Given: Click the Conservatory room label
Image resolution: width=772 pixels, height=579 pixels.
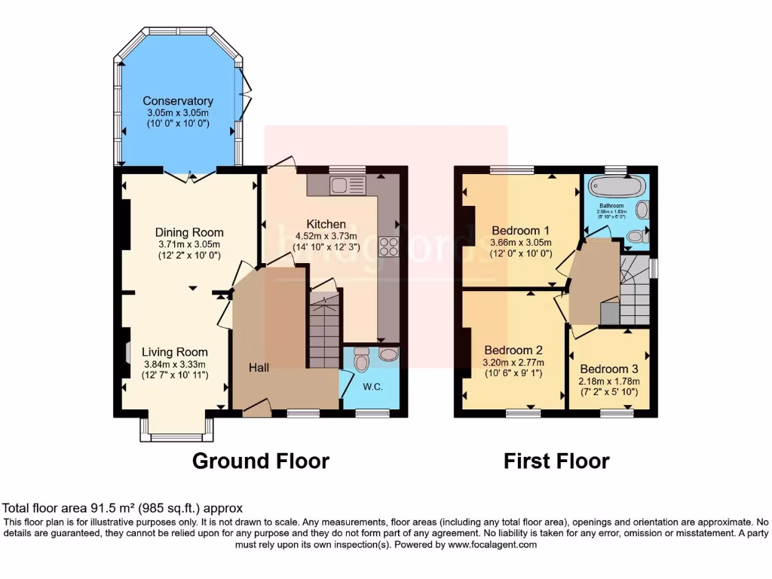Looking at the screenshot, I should click(178, 101).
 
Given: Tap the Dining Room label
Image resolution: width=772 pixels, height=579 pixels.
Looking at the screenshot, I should click(189, 232).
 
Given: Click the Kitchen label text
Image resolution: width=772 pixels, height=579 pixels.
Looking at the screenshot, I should click(326, 224).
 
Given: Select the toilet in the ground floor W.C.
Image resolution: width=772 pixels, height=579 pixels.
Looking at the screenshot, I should click(360, 360).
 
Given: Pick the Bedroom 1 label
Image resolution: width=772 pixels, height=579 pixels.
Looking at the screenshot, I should click(521, 230).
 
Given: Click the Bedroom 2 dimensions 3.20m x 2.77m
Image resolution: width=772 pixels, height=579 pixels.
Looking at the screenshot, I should click(513, 363).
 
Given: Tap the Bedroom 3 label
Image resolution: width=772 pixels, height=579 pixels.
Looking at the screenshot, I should click(608, 369).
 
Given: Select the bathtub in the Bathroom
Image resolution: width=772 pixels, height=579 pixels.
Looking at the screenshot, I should click(611, 186).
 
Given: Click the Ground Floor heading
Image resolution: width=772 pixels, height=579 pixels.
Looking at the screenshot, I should click(261, 461).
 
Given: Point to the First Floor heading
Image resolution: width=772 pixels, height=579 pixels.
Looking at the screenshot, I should click(556, 461).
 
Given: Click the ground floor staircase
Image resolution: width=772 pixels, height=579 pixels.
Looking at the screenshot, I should click(324, 332).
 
